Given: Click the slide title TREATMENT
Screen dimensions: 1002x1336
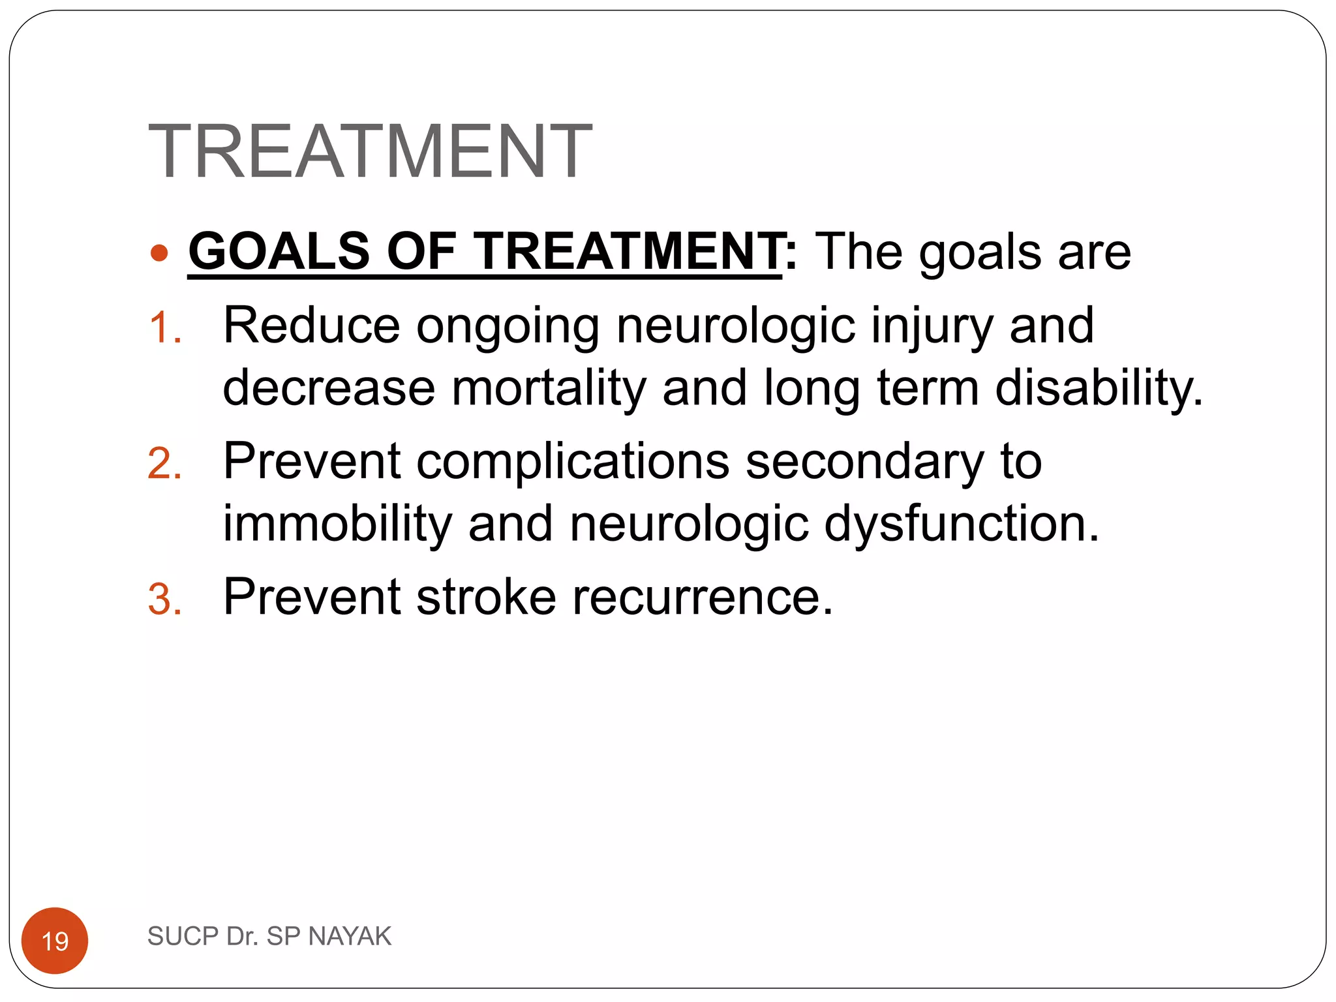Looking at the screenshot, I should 370,151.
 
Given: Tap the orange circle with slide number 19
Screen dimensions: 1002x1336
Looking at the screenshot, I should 55,940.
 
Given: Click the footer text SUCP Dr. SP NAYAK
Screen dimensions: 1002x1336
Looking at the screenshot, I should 269,936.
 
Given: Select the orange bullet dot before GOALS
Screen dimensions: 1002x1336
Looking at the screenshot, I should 159,252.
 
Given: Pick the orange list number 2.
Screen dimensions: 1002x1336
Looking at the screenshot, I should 164,464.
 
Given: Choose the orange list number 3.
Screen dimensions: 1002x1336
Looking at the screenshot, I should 164,600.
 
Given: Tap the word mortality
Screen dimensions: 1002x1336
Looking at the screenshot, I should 548,387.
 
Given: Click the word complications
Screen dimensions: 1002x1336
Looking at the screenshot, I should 573,462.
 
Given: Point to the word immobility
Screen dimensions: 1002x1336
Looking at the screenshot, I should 337,524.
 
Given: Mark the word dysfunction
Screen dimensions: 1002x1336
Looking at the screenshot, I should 962,524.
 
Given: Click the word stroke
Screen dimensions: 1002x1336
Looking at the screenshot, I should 486,596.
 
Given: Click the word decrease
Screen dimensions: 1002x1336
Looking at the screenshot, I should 329,388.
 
